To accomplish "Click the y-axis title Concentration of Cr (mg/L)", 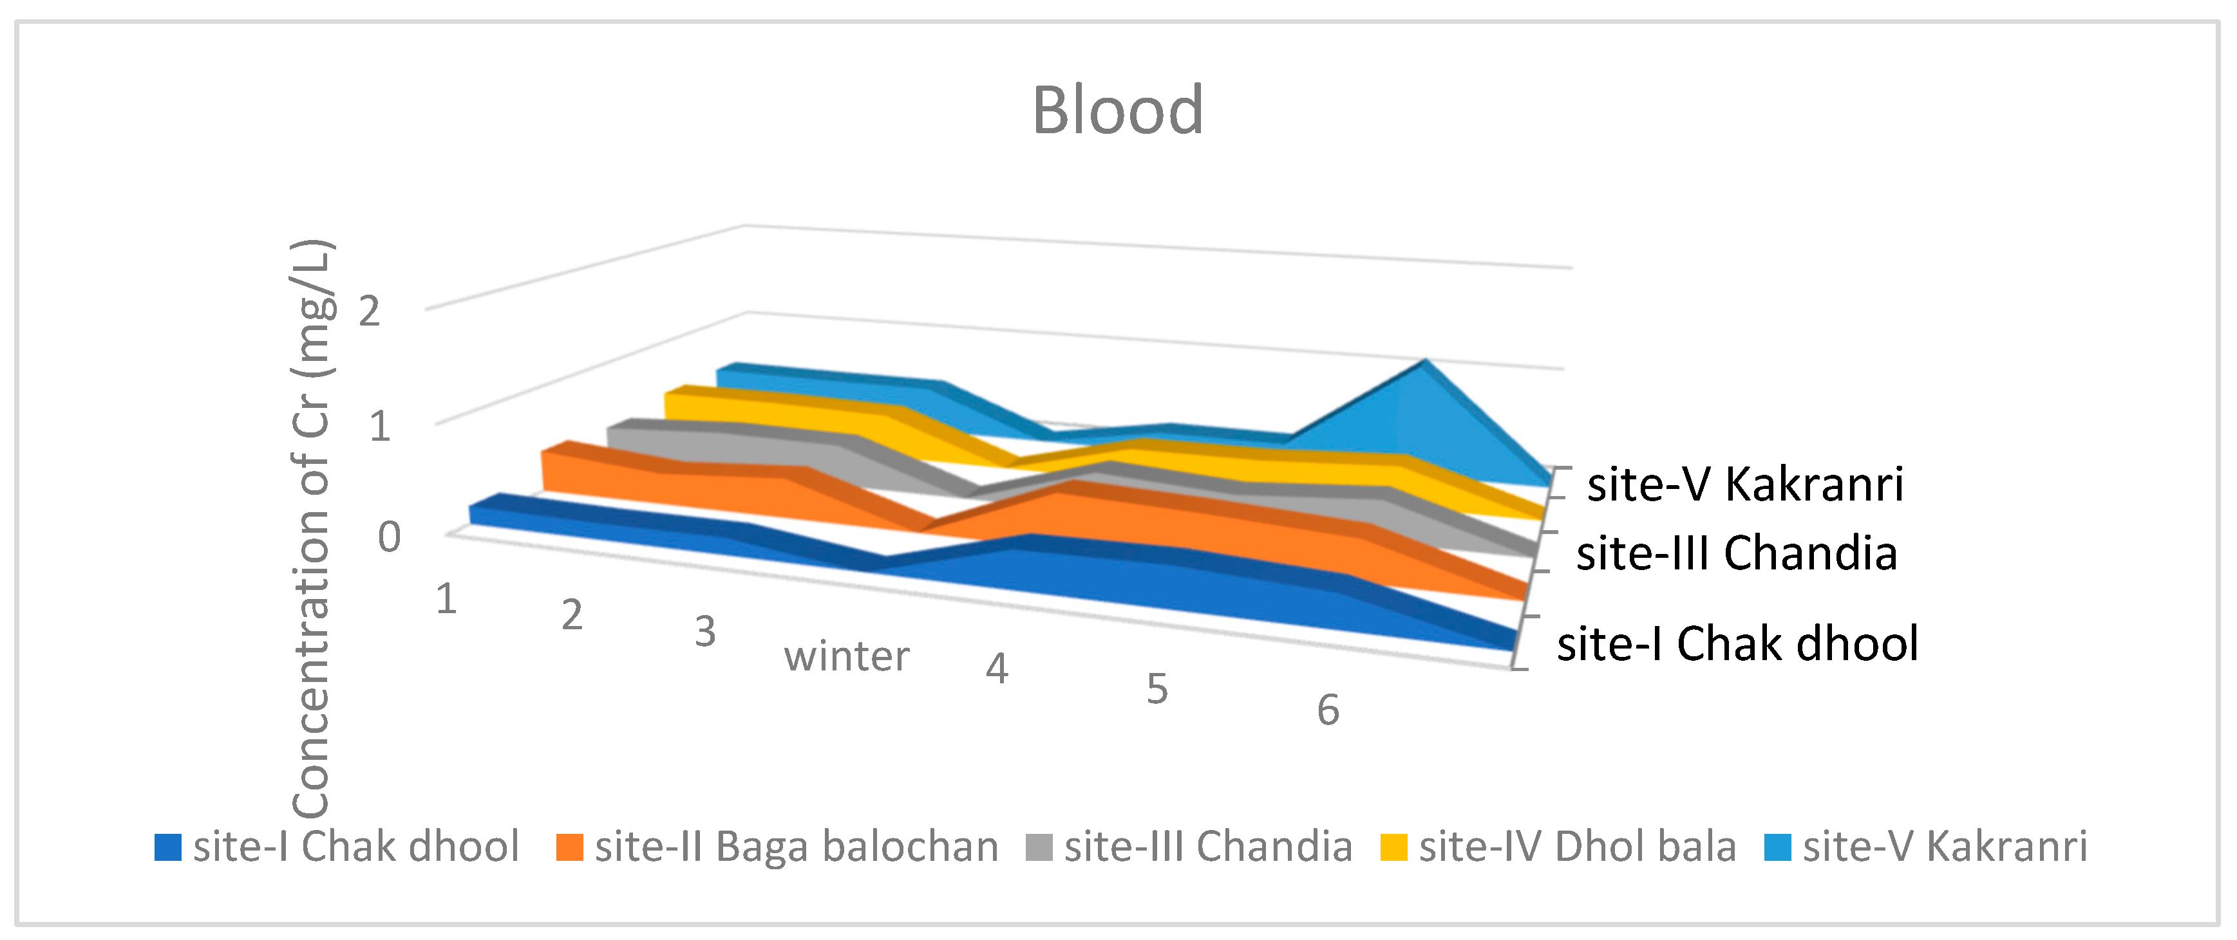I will tap(312, 528).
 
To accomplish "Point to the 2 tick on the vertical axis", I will tap(369, 311).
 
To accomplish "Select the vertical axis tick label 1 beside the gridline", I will tap(379, 426).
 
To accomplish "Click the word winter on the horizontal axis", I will tap(847, 656).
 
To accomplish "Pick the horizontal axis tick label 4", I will tap(996, 669).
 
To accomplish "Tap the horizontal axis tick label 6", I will tap(1328, 711).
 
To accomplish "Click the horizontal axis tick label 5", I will tap(1156, 690).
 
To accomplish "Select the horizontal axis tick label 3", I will tap(704, 632).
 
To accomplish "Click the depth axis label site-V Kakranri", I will tap(1744, 484).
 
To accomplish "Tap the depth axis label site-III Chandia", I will tap(1736, 554).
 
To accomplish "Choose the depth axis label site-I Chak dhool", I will tap(1737, 644).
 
